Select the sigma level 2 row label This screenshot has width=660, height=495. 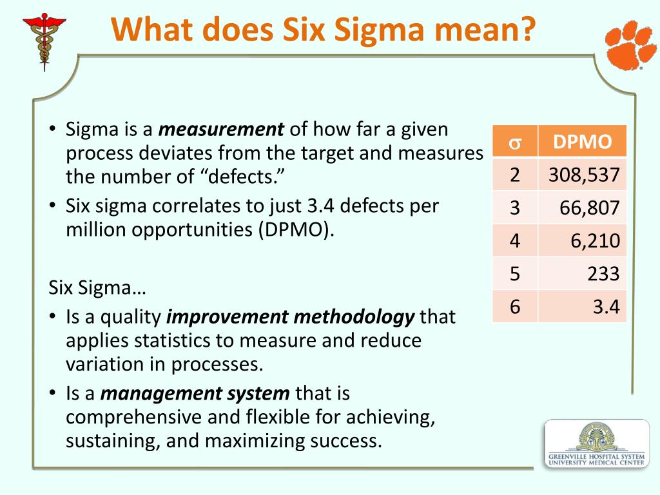pos(514,174)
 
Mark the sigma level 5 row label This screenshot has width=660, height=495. pos(514,275)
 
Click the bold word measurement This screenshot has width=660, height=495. pos(221,130)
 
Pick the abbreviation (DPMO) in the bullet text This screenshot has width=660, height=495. pos(295,230)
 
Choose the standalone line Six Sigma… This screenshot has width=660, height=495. pos(97,287)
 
